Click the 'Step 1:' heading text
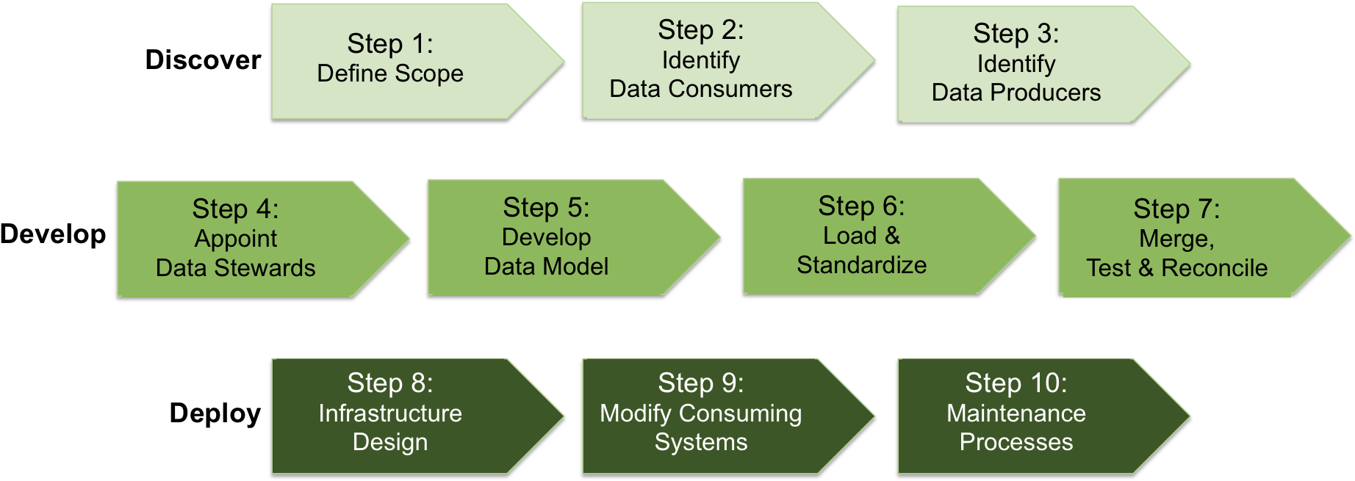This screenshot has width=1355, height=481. pos(390,44)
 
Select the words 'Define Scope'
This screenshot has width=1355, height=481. pos(390,73)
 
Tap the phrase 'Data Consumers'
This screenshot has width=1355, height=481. pos(700,89)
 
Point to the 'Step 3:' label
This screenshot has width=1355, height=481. pos(1016,34)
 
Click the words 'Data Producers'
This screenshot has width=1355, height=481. pos(1016,93)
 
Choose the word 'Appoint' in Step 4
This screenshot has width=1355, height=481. pos(236,239)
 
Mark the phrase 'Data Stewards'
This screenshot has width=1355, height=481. pos(235,268)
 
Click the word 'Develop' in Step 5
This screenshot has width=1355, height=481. pos(546,237)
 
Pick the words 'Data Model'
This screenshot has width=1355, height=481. pos(546,267)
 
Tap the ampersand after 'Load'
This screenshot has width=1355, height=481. pos(892,236)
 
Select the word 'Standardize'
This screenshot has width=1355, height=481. pos(861,265)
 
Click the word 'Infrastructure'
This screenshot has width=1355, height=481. pos(390,413)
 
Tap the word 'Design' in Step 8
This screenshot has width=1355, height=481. pos(390,442)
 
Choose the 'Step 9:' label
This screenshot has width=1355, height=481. pos(700,383)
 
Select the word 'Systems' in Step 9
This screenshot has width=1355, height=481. pos(700,442)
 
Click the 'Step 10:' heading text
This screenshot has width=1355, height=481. pos(1016,383)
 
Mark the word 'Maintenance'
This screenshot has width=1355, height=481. pos(1016,413)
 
